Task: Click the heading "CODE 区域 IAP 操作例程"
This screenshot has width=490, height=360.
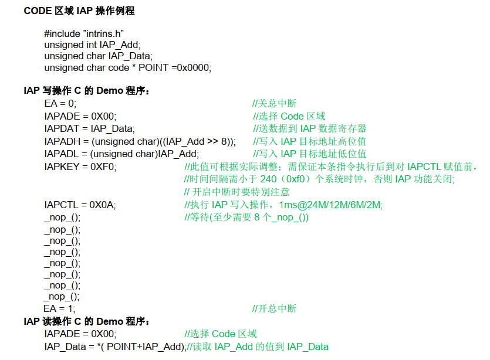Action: click(79, 11)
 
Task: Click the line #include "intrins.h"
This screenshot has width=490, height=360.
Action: click(84, 34)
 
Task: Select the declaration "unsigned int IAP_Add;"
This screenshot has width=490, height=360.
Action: click(92, 45)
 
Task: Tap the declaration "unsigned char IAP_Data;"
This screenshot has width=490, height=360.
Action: click(98, 56)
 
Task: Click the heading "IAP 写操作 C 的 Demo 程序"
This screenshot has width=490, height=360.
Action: click(87, 91)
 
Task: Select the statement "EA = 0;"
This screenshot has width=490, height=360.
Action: click(60, 104)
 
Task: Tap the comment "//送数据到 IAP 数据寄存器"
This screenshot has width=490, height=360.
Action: click(310, 128)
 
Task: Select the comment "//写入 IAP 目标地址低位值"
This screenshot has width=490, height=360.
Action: click(309, 154)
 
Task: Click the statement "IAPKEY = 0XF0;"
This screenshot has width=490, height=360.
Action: click(80, 167)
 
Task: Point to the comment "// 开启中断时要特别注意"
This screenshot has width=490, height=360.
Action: click(236, 192)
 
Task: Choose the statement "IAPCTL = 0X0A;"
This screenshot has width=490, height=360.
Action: click(80, 205)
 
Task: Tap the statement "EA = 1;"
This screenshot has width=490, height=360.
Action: click(59, 308)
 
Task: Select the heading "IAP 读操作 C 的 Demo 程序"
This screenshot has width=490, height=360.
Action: click(87, 321)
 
